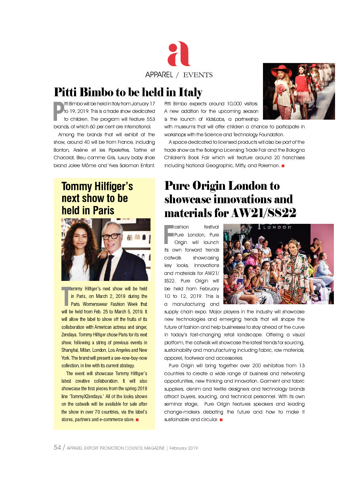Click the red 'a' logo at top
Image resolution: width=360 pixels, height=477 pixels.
pyautogui.click(x=179, y=54)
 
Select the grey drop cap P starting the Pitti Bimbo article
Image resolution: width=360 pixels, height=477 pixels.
pyautogui.click(x=58, y=111)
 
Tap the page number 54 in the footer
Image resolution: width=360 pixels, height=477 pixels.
pyautogui.click(x=57, y=448)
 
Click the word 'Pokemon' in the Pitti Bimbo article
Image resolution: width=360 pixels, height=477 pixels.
pyautogui.click(x=269, y=165)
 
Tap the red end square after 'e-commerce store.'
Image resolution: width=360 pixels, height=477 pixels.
pyautogui.click(x=137, y=420)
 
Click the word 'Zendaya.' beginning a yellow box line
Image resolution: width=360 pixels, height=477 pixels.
pyautogui.click(x=70, y=334)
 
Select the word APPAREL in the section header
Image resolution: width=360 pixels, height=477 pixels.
pyautogui.click(x=159, y=74)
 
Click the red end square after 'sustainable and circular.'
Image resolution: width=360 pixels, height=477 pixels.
pyautogui.click(x=221, y=419)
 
